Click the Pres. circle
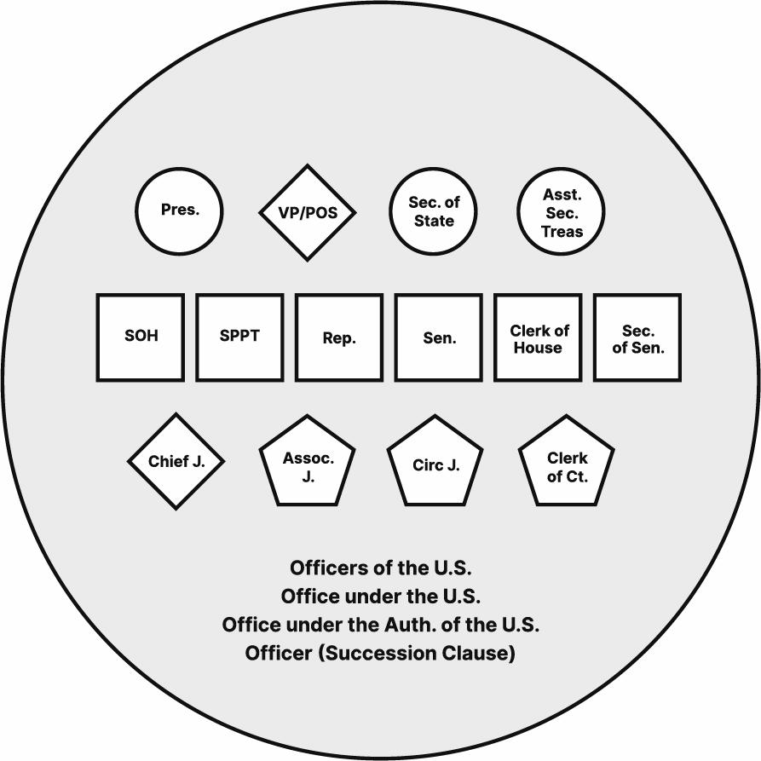(x=179, y=210)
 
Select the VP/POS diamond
(x=308, y=212)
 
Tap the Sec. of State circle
(x=433, y=211)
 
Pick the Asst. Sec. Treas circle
(x=562, y=212)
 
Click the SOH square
(x=141, y=337)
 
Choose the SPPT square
(x=239, y=337)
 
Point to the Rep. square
(x=339, y=337)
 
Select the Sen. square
(x=439, y=337)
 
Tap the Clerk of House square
(x=538, y=337)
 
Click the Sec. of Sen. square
(x=637, y=337)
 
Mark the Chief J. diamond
(x=176, y=462)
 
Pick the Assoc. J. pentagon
(x=308, y=464)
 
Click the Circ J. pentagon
(x=435, y=464)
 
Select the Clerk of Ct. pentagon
(x=567, y=464)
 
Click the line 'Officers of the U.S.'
(x=380, y=568)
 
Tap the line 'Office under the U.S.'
(x=380, y=597)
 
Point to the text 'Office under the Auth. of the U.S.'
(x=380, y=625)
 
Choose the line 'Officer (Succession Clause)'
(x=380, y=654)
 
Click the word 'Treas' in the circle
(x=562, y=231)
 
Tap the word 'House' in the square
(x=538, y=348)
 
